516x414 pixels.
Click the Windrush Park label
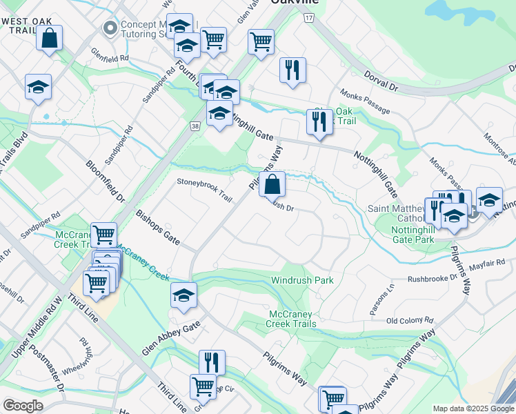coord(302,280)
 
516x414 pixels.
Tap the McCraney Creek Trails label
coord(292,319)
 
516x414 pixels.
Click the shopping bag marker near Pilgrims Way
coord(272,184)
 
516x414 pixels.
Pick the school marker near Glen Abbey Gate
coord(183,295)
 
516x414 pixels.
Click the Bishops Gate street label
coord(158,228)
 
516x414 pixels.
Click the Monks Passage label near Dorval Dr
coord(364,101)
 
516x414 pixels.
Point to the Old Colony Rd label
coord(410,321)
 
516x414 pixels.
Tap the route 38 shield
coord(196,126)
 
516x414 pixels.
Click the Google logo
coord(23,406)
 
